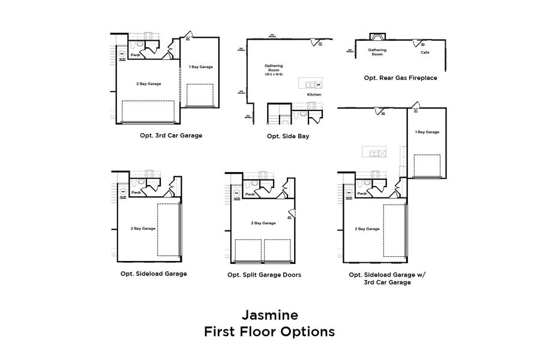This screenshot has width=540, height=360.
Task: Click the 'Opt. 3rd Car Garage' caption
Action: point(171,136)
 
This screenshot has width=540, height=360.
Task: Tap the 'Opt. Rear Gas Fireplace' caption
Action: point(400,78)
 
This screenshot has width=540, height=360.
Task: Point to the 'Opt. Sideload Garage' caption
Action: point(154,274)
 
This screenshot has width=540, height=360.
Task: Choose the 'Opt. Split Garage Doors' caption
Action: point(264,275)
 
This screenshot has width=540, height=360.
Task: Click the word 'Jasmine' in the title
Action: point(270,314)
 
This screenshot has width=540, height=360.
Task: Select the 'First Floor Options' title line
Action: point(270,331)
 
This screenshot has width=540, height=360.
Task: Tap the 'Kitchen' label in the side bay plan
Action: point(314,95)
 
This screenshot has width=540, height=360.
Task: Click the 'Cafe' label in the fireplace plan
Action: point(425,52)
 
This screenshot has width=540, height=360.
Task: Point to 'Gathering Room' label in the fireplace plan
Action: point(377,52)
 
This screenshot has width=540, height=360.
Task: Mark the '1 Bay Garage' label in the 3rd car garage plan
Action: point(200,67)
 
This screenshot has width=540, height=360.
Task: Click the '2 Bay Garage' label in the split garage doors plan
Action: point(263,223)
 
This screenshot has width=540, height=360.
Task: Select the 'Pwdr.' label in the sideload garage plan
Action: point(136,193)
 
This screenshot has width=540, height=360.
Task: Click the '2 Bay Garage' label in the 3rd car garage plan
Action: point(149,84)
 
